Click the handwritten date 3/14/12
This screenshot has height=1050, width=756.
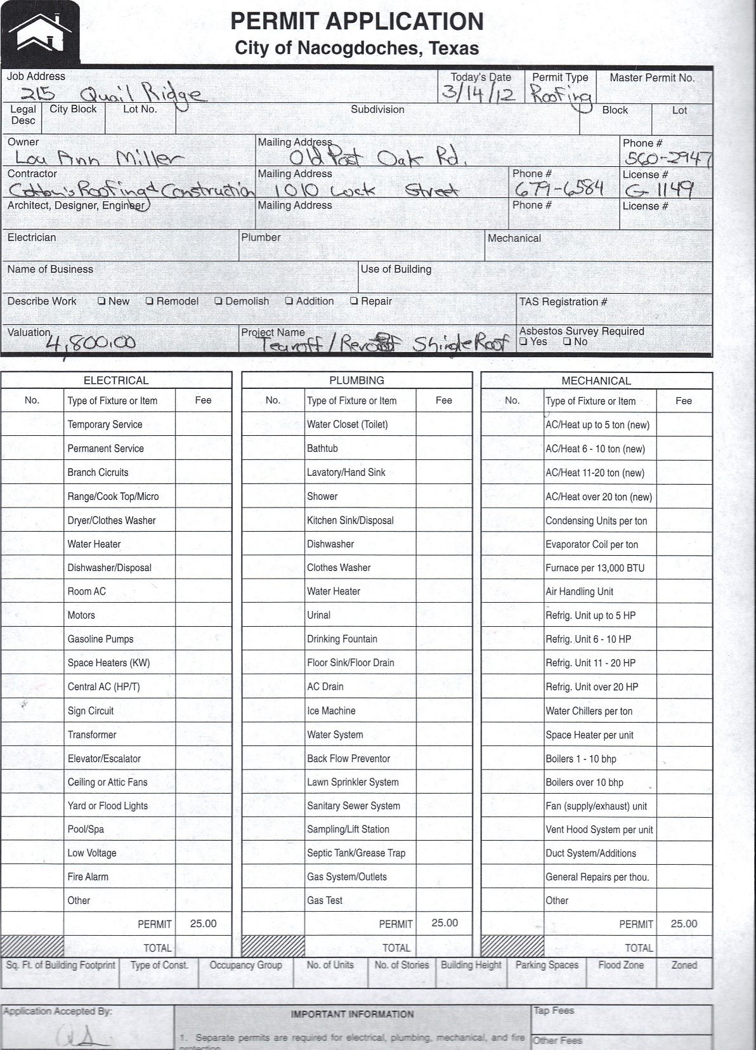click(x=480, y=93)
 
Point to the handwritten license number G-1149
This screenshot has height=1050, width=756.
click(x=658, y=190)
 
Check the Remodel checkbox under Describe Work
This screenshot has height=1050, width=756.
click(x=150, y=301)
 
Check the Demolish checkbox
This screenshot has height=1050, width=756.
click(x=218, y=301)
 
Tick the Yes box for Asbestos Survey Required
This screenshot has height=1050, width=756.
click(x=523, y=342)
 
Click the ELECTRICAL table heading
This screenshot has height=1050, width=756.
click(x=116, y=381)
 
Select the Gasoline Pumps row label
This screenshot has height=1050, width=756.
click(x=100, y=639)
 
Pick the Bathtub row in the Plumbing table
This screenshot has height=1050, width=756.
click(x=322, y=449)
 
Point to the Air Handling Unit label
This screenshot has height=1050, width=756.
click(x=579, y=592)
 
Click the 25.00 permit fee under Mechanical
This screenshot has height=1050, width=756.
click(x=684, y=924)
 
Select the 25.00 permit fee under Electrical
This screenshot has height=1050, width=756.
click(x=203, y=924)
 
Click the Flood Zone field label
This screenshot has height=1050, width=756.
click(x=620, y=965)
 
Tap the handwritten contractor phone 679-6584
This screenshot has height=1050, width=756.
click(x=558, y=189)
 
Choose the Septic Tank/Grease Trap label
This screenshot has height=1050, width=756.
click(x=356, y=853)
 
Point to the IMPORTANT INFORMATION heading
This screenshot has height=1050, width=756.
click(x=352, y=1014)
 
